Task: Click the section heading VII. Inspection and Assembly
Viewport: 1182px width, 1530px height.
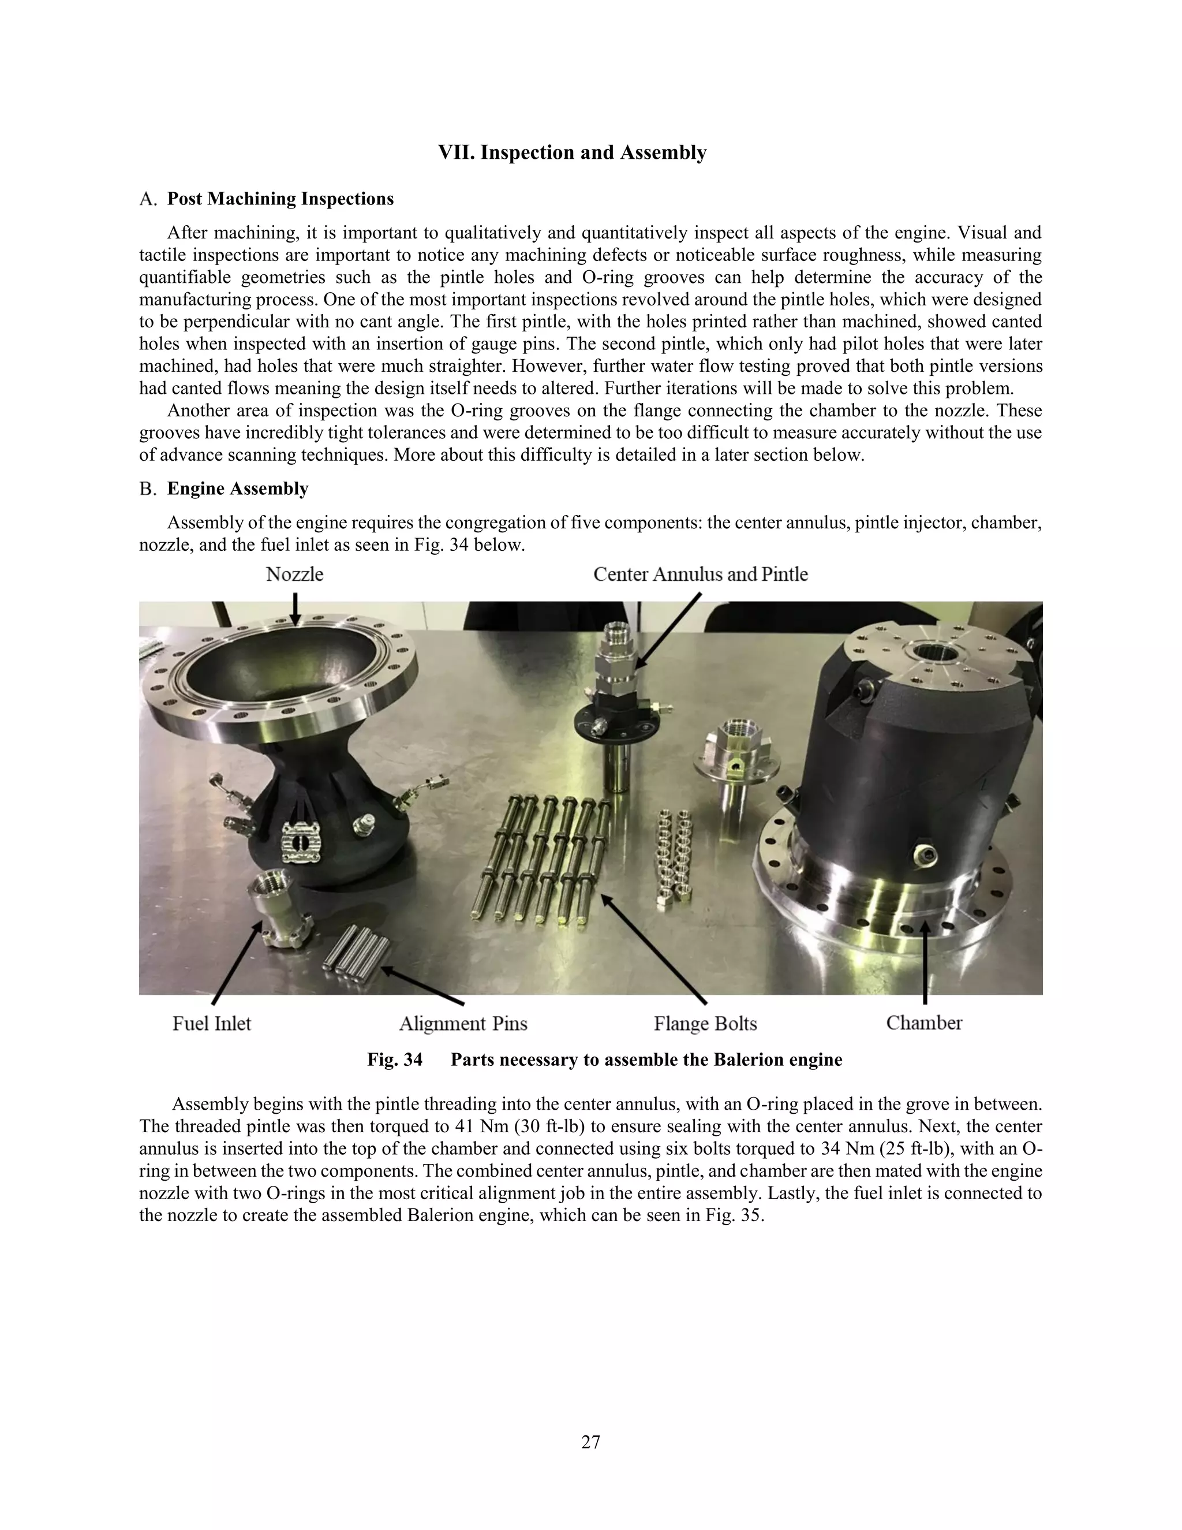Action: coord(572,153)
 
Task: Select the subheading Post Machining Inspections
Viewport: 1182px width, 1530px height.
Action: coord(280,199)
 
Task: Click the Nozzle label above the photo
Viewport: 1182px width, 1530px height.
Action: coord(294,574)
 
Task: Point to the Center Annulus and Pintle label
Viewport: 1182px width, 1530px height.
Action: coord(700,574)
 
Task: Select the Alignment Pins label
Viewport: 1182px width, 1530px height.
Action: coord(463,1024)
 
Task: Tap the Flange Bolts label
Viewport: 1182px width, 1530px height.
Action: coord(705,1024)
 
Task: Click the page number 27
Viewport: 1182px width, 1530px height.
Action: coord(590,1442)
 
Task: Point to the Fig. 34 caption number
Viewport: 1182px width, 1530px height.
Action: coord(395,1059)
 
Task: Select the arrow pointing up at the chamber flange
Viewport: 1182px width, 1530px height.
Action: coord(925,963)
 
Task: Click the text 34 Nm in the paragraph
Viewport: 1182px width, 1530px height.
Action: coord(844,1150)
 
